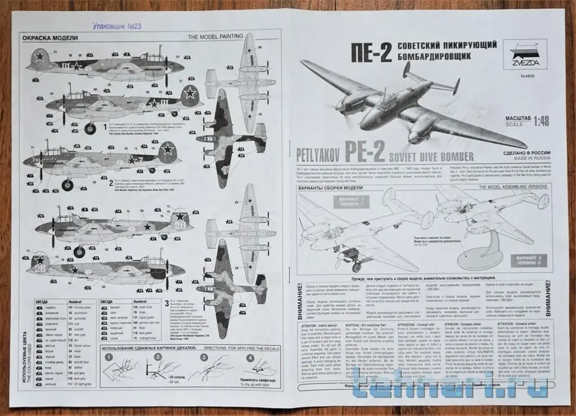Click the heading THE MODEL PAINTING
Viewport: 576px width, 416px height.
(215, 37)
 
